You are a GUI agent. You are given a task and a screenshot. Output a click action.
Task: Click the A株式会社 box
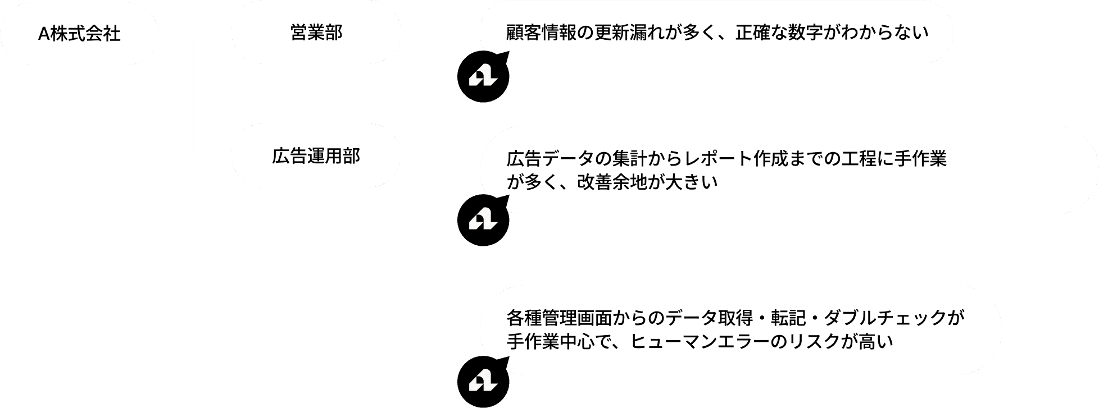(x=79, y=34)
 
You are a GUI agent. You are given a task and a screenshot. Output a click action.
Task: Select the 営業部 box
(x=316, y=33)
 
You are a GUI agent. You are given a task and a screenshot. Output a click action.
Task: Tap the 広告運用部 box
(x=316, y=156)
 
